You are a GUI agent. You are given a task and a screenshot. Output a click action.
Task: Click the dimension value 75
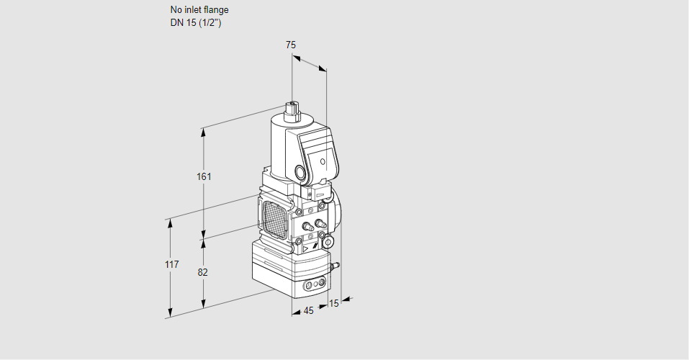tap(290, 45)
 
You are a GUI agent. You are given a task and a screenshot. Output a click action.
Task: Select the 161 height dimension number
tap(205, 176)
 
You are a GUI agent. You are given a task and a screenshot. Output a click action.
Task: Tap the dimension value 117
tap(171, 265)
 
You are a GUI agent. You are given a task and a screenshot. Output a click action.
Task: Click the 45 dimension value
tap(308, 311)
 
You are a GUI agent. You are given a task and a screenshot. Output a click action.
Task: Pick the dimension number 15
tap(333, 304)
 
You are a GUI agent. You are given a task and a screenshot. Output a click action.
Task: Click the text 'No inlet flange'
tap(199, 10)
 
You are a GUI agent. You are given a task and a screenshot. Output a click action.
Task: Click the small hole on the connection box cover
tap(323, 161)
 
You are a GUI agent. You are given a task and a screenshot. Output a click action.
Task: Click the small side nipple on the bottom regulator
tap(333, 268)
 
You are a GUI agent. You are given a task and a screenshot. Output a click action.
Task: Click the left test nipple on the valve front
tap(307, 227)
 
